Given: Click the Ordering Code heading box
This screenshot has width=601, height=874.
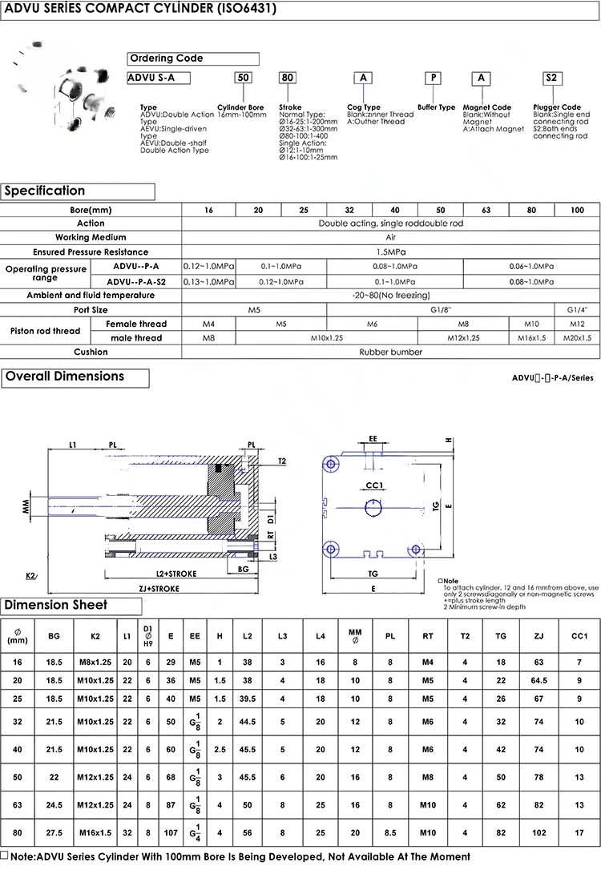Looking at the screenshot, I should coord(193,58).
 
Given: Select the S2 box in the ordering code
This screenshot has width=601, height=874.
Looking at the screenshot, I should coord(551,78).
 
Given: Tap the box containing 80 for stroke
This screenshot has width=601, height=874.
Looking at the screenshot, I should coord(287,78).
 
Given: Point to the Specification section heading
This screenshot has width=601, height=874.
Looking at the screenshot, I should coord(78,191).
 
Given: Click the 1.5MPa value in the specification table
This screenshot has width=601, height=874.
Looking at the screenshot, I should coord(390,252).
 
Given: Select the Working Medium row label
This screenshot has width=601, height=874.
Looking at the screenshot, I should coord(91,237).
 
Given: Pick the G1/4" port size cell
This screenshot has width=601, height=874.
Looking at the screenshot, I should coord(577,309).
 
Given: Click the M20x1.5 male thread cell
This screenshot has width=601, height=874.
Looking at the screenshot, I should coord(577,338).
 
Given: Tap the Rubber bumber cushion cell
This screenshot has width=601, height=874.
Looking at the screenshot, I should coord(390,352).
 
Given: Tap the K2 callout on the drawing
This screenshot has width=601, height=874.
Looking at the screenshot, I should coord(30,575).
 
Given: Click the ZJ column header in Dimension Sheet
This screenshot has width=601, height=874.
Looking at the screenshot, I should coord(538,636).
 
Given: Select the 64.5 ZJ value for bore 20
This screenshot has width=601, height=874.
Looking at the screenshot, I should coord(538,679).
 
